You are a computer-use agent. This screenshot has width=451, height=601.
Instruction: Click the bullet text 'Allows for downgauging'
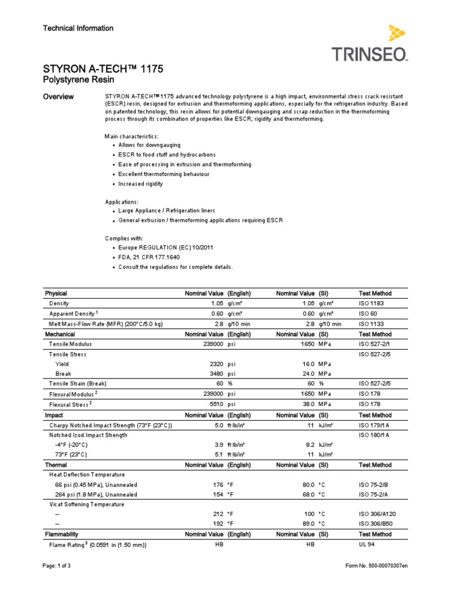tap(149, 144)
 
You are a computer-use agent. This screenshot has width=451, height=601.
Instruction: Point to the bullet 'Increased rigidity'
tap(140, 184)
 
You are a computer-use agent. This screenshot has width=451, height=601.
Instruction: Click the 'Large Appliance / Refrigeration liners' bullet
tap(166, 210)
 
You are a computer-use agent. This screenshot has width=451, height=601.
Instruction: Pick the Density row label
tap(59, 303)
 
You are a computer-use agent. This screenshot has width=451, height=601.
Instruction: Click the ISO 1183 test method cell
tap(372, 303)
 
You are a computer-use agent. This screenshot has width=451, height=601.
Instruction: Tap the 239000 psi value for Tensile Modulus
tap(211, 344)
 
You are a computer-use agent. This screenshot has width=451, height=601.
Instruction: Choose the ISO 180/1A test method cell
tap(375, 435)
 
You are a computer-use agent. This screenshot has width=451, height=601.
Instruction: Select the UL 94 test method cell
tap(368, 545)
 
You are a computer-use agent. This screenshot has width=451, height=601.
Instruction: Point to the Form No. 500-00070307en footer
tap(376, 582)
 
